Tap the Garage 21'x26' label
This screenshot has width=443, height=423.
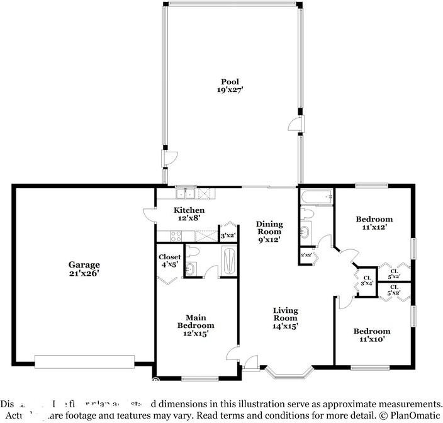click(x=84, y=269)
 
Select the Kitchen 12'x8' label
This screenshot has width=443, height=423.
click(x=189, y=214)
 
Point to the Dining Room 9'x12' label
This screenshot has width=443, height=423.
click(x=269, y=232)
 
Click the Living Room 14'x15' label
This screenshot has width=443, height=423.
click(x=285, y=319)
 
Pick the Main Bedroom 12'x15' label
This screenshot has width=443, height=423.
click(x=195, y=325)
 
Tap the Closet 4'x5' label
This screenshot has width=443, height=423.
click(x=169, y=261)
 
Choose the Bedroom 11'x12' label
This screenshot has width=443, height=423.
click(x=374, y=223)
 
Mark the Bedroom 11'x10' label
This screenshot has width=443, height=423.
click(x=371, y=335)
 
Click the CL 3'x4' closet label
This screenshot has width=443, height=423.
click(x=366, y=280)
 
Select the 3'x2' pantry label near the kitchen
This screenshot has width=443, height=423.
click(x=227, y=236)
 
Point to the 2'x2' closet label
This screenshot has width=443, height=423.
click(x=307, y=255)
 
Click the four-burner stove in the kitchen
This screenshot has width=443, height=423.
click(x=176, y=237)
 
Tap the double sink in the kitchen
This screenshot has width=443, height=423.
click(x=186, y=195)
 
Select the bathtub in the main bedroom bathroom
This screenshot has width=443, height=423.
click(x=228, y=260)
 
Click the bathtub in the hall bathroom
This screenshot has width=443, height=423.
click(x=317, y=198)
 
